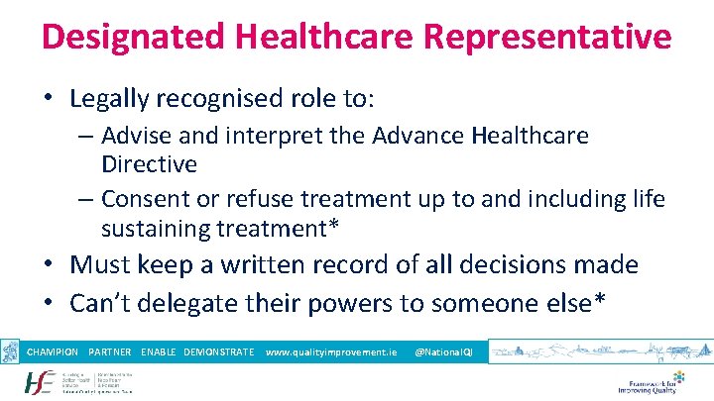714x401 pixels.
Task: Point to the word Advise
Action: [x=135, y=136]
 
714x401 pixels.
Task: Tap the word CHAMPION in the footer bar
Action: [x=53, y=352]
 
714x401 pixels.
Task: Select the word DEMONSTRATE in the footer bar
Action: [x=219, y=352]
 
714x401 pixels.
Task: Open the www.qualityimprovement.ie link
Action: [x=331, y=352]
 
